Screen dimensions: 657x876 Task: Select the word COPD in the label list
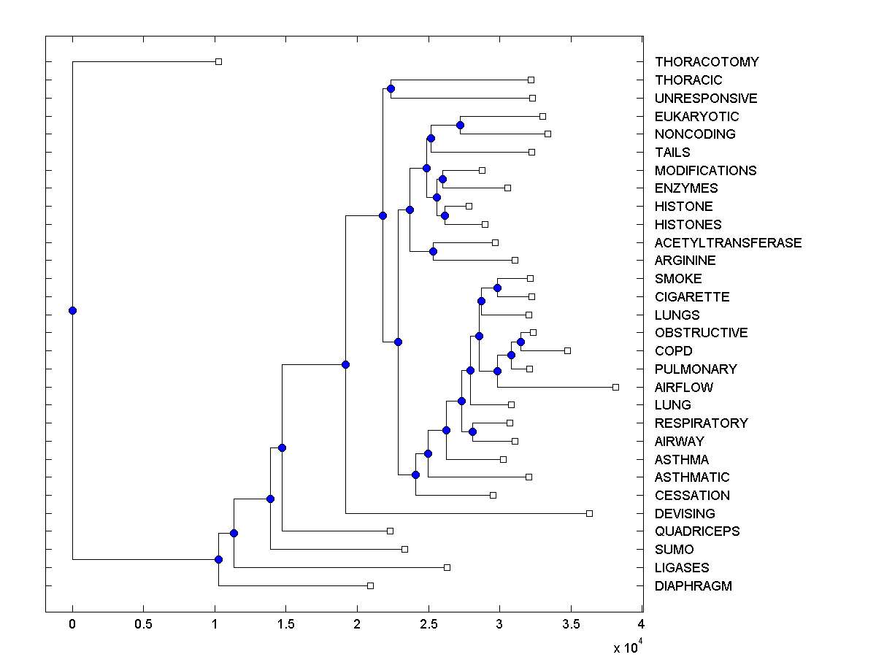pos(673,351)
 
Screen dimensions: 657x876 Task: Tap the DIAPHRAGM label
pos(693,586)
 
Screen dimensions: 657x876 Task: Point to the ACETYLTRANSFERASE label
pos(728,243)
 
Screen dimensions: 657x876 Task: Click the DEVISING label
pos(685,514)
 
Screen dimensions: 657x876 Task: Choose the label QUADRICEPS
pos(696,531)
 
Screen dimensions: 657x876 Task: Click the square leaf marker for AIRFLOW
pos(615,387)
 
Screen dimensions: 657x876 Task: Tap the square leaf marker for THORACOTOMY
pos(218,61)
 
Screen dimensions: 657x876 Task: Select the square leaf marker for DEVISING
pos(589,513)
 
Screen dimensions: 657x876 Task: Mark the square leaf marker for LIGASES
pos(447,567)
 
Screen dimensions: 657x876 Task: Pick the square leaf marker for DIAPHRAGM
pos(370,585)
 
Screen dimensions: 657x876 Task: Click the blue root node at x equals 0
pos(72,310)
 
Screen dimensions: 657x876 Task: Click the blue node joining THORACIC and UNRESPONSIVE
pos(391,88)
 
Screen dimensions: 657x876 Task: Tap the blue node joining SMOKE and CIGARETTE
pos(497,288)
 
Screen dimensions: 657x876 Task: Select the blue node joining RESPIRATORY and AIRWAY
pos(472,431)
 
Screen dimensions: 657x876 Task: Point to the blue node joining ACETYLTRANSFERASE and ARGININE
pos(433,251)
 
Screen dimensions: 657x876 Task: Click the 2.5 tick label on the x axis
pos(428,623)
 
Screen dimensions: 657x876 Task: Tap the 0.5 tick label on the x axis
pos(143,623)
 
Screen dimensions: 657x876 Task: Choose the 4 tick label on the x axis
pos(642,623)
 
